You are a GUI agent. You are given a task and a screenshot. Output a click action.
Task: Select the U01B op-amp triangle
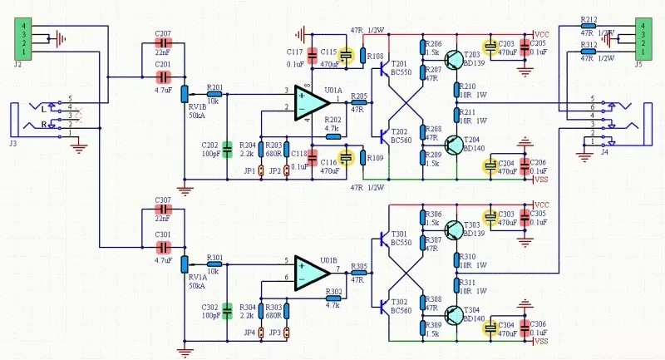tap(308, 271)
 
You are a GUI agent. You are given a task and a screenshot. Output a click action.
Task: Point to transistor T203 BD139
tap(454, 58)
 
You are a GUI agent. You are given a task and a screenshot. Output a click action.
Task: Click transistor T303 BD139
tap(454, 229)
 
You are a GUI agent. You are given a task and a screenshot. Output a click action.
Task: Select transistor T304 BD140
tap(454, 316)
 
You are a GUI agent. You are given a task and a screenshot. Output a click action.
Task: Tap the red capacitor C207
tap(162, 43)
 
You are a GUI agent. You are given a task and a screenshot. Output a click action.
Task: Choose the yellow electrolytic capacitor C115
tap(347, 56)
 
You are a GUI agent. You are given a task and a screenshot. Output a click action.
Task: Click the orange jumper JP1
tap(261, 170)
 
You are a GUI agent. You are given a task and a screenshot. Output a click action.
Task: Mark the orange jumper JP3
tap(287, 333)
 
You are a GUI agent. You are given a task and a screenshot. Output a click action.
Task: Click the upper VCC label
tap(542, 34)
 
